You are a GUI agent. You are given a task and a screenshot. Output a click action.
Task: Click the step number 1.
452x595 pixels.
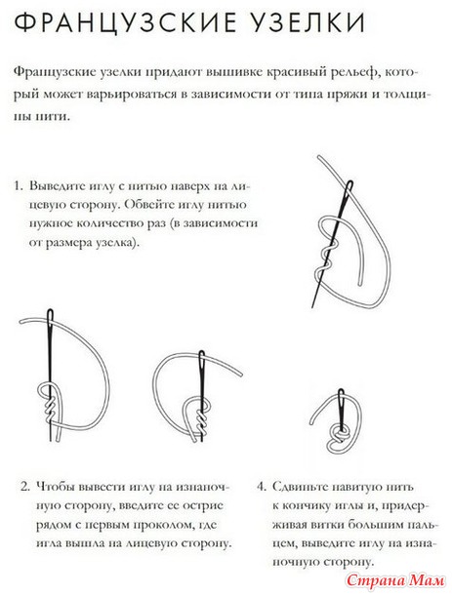click(x=19, y=186)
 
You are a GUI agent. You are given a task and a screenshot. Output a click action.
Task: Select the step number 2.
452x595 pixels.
click(x=25, y=487)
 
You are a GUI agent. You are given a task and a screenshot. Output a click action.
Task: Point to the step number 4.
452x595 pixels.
click(x=262, y=487)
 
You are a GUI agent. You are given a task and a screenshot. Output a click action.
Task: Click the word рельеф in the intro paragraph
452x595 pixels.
click(x=355, y=72)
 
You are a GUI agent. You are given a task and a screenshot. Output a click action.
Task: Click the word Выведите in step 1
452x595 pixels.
click(x=57, y=186)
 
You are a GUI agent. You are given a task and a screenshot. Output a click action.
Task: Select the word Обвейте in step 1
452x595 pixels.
click(x=150, y=205)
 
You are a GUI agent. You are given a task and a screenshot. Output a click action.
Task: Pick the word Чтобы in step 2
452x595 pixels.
click(x=56, y=487)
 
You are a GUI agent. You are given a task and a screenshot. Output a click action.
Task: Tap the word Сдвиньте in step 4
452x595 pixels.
click(x=299, y=487)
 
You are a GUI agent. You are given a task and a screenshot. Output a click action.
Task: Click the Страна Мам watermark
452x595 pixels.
click(x=395, y=580)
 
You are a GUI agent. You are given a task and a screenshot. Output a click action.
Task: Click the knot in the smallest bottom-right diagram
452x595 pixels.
click(x=339, y=433)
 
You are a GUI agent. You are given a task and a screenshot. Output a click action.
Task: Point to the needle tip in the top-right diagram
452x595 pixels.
click(x=312, y=306)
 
